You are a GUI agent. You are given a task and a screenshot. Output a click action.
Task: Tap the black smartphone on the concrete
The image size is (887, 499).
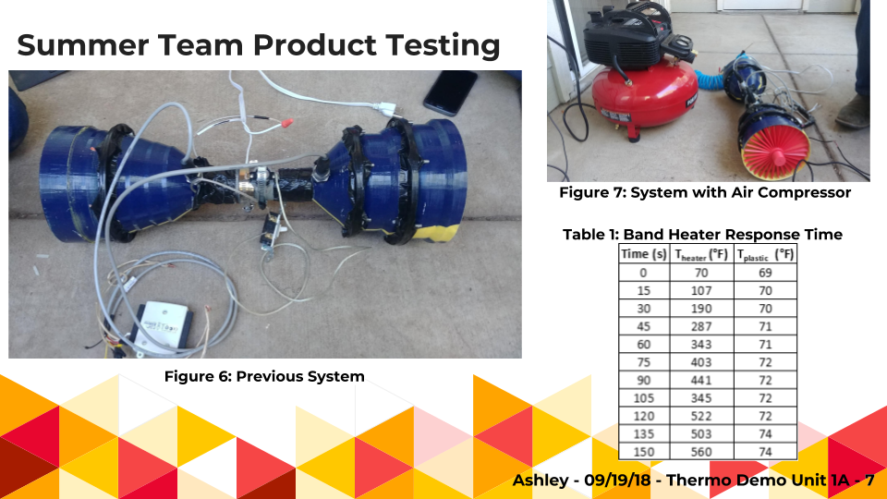click(x=450, y=92)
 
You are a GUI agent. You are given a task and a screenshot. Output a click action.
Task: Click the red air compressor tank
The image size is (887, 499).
click(x=644, y=91)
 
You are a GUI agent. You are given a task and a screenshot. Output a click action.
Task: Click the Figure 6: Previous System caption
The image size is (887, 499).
click(x=264, y=377)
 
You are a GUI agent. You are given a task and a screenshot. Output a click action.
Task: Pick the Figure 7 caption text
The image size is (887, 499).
click(x=705, y=193)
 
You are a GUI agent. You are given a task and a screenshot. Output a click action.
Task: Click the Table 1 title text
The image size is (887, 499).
click(x=702, y=234)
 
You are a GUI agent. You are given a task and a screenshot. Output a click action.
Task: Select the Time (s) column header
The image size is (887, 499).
click(x=644, y=254)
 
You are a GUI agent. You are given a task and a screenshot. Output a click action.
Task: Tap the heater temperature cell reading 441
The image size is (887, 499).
click(x=701, y=380)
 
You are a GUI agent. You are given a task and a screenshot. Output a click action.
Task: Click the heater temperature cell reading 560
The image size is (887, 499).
click(x=701, y=452)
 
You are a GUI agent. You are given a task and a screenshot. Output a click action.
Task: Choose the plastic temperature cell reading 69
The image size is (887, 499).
click(x=765, y=273)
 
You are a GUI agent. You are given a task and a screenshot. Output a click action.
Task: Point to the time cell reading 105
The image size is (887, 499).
click(x=644, y=398)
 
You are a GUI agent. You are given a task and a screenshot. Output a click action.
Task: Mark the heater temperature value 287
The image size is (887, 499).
click(x=701, y=326)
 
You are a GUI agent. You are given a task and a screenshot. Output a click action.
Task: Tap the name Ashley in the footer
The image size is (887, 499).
click(x=541, y=481)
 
